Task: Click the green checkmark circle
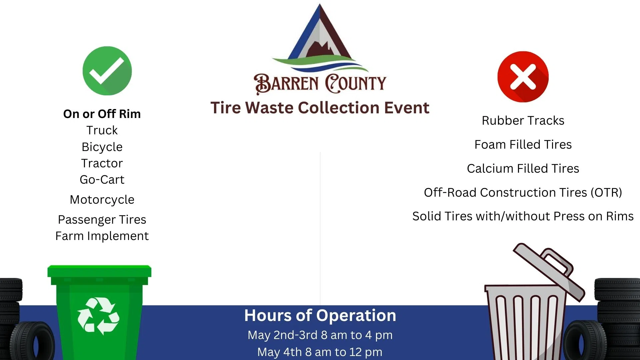tap(107, 71)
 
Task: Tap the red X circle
tap(523, 77)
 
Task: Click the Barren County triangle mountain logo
tap(320, 38)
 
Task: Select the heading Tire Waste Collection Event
tap(320, 108)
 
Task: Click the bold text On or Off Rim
tap(102, 114)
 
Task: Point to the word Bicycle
tap(102, 147)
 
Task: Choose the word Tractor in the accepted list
tap(102, 163)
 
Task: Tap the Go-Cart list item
tap(102, 180)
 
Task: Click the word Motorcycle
tap(102, 200)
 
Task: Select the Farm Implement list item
tap(102, 236)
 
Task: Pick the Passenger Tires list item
tap(102, 220)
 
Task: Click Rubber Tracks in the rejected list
tap(523, 121)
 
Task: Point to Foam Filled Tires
tap(523, 145)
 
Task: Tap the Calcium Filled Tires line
tap(523, 169)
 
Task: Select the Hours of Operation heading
tap(320, 315)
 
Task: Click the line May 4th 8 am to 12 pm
tap(320, 352)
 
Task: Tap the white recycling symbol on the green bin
tap(98, 316)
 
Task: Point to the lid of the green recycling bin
tap(99, 271)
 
